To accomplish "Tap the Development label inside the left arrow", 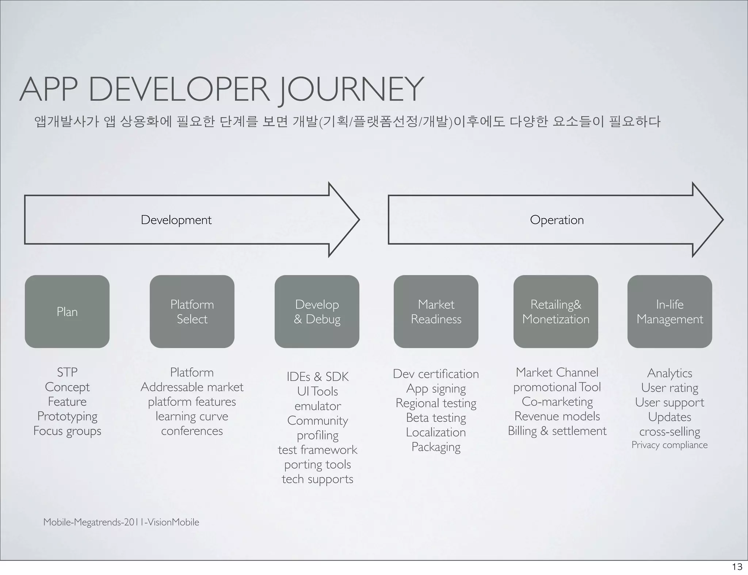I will tap(176, 220).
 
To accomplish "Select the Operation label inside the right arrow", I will tap(557, 220).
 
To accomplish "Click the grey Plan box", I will tap(67, 312).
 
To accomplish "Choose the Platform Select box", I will tap(192, 312).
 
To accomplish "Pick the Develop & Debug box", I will tap(317, 312).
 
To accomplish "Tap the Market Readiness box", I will tap(436, 312).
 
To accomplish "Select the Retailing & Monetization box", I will tap(556, 312).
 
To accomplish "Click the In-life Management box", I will tap(670, 312).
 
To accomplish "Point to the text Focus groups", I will tap(67, 431).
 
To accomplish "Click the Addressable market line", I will tap(192, 387).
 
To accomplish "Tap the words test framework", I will tap(317, 450).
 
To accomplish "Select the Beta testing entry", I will tap(436, 418).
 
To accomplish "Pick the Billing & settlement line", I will tap(557, 431).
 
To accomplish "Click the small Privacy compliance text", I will tap(669, 445).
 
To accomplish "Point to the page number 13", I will tap(737, 567).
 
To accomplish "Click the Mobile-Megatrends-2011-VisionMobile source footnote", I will tap(121, 522).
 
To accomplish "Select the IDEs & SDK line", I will tap(317, 377).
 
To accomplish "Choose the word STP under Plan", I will tap(67, 372).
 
